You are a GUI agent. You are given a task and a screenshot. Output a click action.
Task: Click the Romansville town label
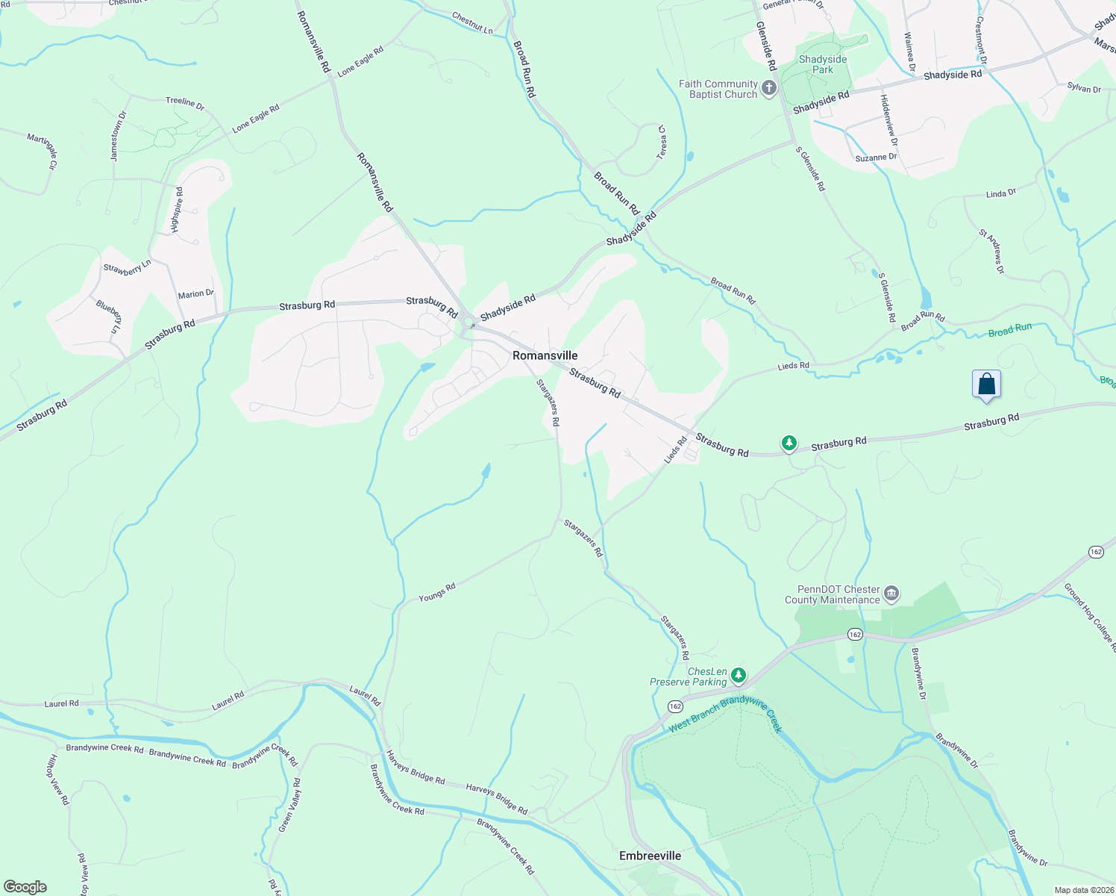[x=545, y=355]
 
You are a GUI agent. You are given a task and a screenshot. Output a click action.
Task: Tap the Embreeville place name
[x=650, y=856]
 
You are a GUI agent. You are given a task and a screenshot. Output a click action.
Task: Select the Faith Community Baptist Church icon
[x=769, y=89]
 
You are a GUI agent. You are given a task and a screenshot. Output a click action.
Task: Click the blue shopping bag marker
[x=986, y=385]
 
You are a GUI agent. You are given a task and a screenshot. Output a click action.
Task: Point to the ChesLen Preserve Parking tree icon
[x=739, y=676]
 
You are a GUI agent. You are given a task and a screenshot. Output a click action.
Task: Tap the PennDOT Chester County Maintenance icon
[x=891, y=594]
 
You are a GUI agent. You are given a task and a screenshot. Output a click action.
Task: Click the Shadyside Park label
[x=823, y=64]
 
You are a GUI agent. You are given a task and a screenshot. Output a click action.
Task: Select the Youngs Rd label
[x=437, y=592]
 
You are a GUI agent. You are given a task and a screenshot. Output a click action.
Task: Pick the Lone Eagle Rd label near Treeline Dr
[x=255, y=119]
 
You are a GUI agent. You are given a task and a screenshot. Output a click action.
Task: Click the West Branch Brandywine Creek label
[x=724, y=714]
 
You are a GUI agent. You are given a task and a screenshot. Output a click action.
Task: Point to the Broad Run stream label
[x=1010, y=329]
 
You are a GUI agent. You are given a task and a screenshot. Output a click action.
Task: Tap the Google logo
[x=25, y=887]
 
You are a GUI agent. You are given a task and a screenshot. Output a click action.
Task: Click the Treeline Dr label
[x=185, y=103]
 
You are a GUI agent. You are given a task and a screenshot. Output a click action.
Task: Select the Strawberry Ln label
[x=127, y=267]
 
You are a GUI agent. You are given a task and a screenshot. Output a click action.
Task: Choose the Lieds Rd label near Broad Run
[x=793, y=366]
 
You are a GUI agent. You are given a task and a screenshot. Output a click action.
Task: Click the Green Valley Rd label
[x=289, y=805]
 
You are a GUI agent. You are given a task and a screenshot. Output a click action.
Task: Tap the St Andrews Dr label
[x=992, y=251]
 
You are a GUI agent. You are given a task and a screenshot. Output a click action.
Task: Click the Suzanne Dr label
[x=876, y=158]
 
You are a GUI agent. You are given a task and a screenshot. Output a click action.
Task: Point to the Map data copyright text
[x=1083, y=890]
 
